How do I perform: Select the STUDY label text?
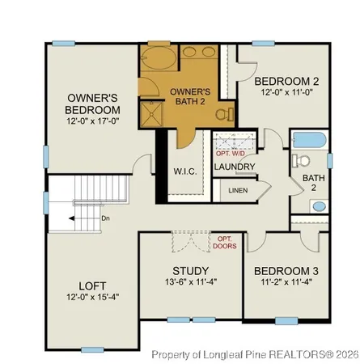(191, 270)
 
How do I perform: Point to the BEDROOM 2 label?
(285, 82)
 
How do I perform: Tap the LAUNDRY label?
(235, 167)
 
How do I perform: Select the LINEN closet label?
(239, 191)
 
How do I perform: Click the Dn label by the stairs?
(105, 218)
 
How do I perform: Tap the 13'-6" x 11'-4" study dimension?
(191, 282)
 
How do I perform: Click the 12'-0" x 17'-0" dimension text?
(93, 121)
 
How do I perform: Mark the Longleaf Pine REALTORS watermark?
(254, 354)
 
